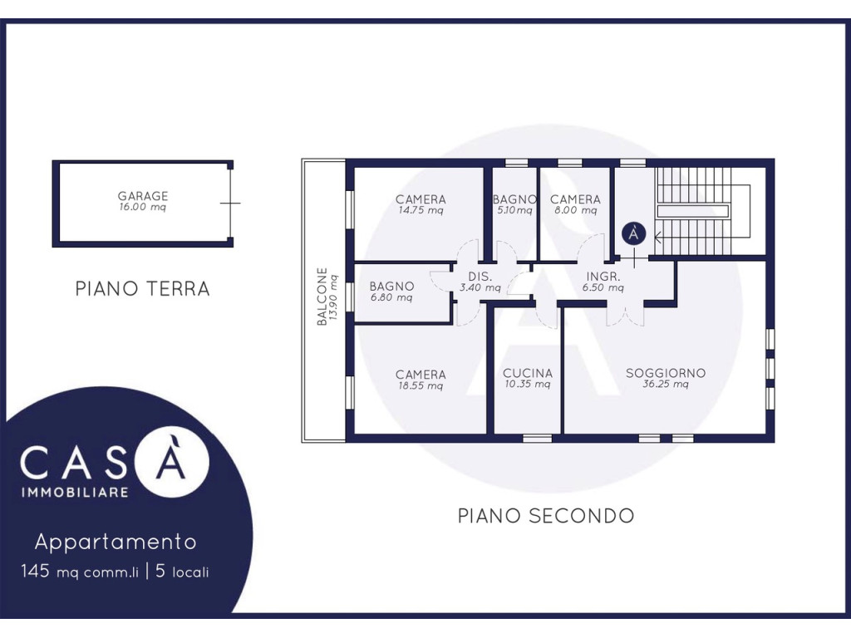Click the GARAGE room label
click(143, 195)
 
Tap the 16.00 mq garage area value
click(143, 207)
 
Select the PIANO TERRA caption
click(143, 288)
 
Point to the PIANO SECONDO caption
click(546, 515)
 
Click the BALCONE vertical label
click(322, 297)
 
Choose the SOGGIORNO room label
click(666, 373)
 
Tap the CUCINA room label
click(528, 373)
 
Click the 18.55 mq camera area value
click(421, 385)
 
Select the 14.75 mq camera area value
click(421, 210)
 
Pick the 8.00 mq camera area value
click(575, 210)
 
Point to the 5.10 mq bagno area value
click(514, 210)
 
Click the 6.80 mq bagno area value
click(391, 297)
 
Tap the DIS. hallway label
click(480, 277)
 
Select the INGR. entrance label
click(603, 277)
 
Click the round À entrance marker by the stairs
click(634, 233)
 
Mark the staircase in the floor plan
click(702, 211)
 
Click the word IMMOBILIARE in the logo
click(75, 493)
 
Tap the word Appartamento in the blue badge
click(116, 542)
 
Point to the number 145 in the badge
click(35, 571)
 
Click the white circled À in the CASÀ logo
click(172, 462)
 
